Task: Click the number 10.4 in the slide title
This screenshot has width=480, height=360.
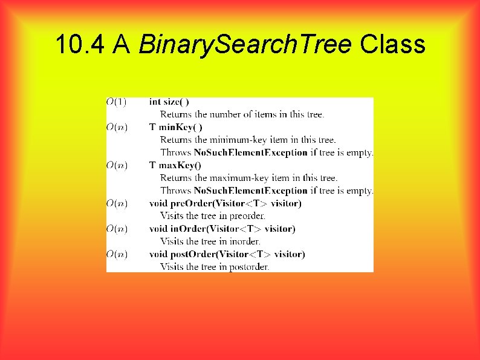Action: point(79,44)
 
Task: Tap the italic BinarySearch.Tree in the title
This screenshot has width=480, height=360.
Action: point(245,44)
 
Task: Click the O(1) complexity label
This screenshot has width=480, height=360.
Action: point(117,102)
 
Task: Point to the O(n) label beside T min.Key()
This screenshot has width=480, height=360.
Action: point(117,127)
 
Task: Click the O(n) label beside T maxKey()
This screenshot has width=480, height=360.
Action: point(117,165)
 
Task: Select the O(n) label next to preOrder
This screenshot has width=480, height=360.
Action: point(117,203)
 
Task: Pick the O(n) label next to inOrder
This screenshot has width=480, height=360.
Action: point(117,229)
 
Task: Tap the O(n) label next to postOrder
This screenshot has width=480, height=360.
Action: point(117,254)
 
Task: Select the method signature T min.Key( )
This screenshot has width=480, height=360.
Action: point(176,127)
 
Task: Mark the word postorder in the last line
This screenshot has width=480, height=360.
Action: point(248,267)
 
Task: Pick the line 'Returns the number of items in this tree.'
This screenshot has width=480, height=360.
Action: point(242,114)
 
